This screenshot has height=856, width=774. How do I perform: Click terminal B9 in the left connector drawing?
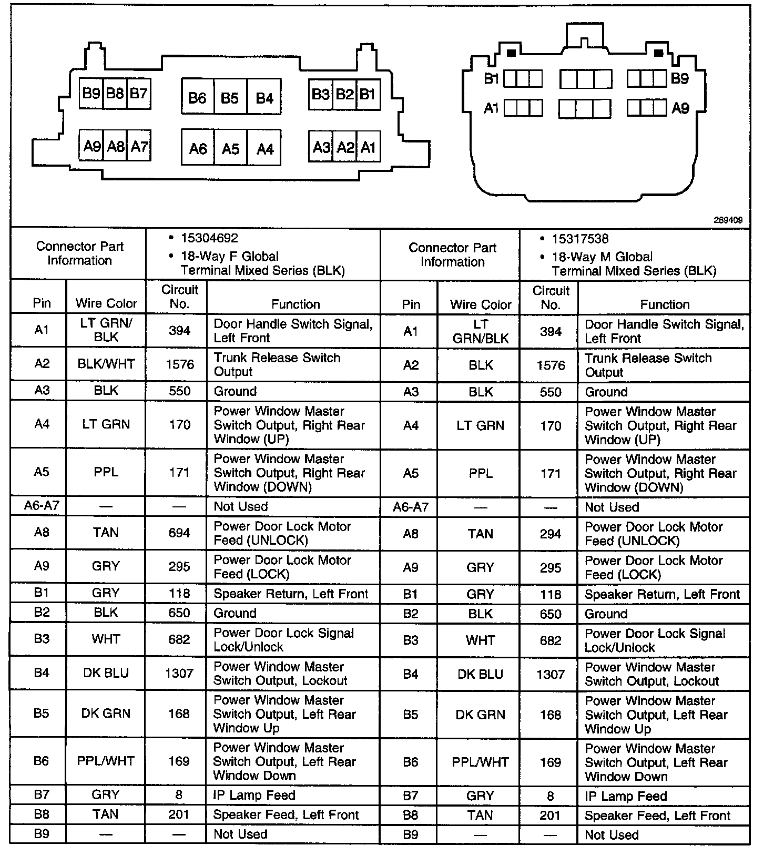click(91, 94)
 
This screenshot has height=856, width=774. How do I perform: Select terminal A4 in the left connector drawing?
click(264, 149)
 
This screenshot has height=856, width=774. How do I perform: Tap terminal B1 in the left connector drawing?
click(368, 95)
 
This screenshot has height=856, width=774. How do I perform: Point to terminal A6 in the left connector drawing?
click(198, 149)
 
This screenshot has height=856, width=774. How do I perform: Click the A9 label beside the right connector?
click(680, 109)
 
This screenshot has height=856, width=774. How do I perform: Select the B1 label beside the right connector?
click(491, 79)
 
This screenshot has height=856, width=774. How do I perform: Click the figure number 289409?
click(728, 220)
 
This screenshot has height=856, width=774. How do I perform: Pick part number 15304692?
click(209, 238)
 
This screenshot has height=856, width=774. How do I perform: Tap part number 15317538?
click(580, 239)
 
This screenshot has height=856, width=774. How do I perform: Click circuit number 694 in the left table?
click(179, 533)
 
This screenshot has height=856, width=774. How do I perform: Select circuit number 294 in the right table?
click(551, 534)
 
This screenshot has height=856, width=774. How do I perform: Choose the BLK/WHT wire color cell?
click(106, 364)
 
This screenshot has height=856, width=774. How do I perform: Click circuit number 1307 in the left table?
click(179, 674)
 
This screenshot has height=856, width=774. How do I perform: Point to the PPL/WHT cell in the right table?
click(480, 762)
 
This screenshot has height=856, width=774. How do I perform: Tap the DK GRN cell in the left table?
click(106, 714)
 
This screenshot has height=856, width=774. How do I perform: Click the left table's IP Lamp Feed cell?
click(254, 795)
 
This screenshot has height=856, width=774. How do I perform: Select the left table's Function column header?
click(296, 304)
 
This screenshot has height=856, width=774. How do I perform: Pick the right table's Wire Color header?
click(481, 304)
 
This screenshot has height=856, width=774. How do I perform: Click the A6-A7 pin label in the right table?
click(411, 507)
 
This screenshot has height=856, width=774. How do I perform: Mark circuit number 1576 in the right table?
click(551, 365)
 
